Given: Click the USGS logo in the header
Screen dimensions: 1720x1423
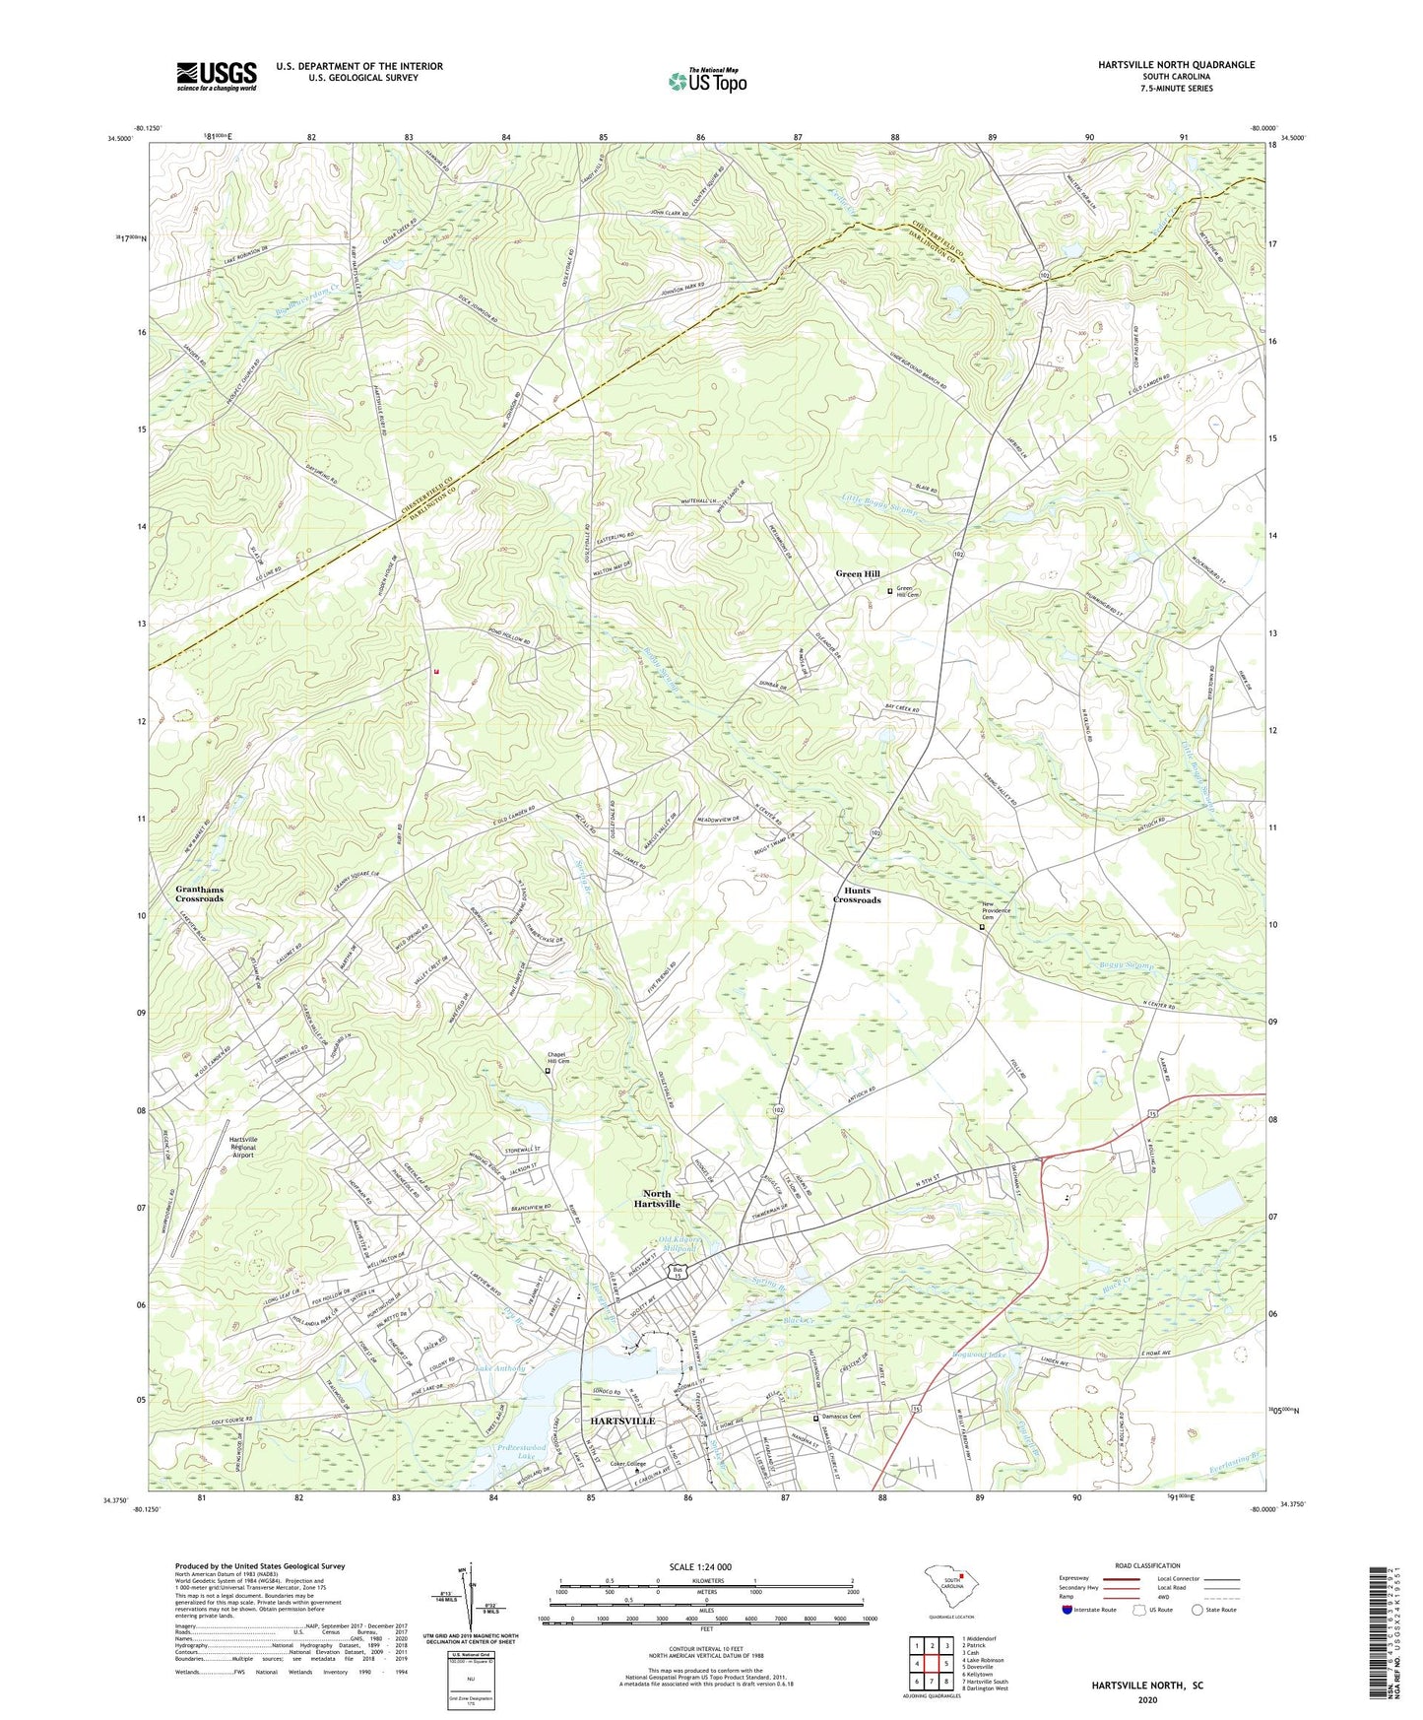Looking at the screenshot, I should click(x=216, y=76).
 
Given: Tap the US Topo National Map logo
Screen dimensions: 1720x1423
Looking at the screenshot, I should click(x=706, y=80).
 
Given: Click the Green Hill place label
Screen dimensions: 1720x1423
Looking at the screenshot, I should click(x=858, y=573).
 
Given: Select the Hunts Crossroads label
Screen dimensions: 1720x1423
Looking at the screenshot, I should click(x=857, y=894).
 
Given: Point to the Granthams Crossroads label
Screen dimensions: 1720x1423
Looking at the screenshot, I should click(x=199, y=893).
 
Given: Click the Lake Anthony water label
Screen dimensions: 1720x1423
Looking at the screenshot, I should click(x=500, y=1368).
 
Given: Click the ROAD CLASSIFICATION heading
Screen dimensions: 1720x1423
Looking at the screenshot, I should click(x=1147, y=1565).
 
